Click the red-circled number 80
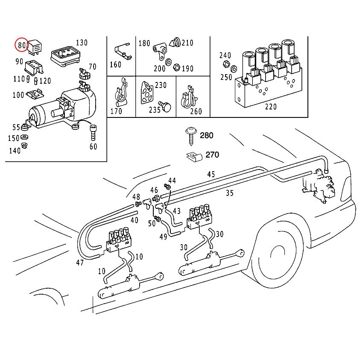click(x=21, y=44)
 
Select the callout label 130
click(x=81, y=43)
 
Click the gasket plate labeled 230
click(x=147, y=91)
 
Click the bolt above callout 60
click(x=93, y=132)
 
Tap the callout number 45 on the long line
click(x=211, y=174)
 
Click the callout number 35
click(x=230, y=193)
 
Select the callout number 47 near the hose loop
click(x=80, y=263)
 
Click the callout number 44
click(x=172, y=180)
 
